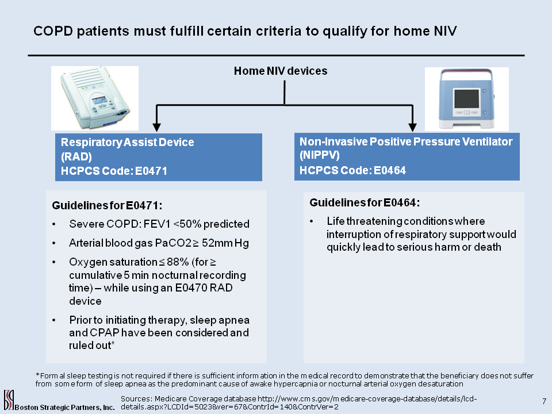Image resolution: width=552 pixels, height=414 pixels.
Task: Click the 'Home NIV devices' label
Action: coord(281,71)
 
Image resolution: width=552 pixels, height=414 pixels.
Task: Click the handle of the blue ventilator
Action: coord(466,74)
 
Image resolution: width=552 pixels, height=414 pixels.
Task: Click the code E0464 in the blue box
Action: coord(390,170)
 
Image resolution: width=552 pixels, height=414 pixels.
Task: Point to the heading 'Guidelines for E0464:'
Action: coord(365,202)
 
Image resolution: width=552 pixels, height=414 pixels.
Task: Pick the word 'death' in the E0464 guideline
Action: coord(488,247)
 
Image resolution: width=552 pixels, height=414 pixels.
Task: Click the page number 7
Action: coord(543,400)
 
